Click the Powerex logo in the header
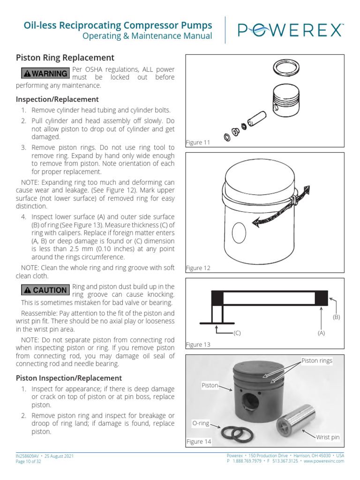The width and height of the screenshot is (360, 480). tap(290, 30)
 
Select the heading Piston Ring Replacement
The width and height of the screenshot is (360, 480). tap(65, 58)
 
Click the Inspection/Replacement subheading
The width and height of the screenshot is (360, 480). tap(57, 99)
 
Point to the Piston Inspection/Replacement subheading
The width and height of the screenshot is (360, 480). tap(69, 378)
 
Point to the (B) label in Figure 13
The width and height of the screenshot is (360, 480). tap(336, 317)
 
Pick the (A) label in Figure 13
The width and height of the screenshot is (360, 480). tap(321, 333)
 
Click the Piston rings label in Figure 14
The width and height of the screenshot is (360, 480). tap(316, 360)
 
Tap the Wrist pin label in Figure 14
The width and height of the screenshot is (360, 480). tap(327, 437)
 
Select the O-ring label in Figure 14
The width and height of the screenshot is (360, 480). tap(200, 423)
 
